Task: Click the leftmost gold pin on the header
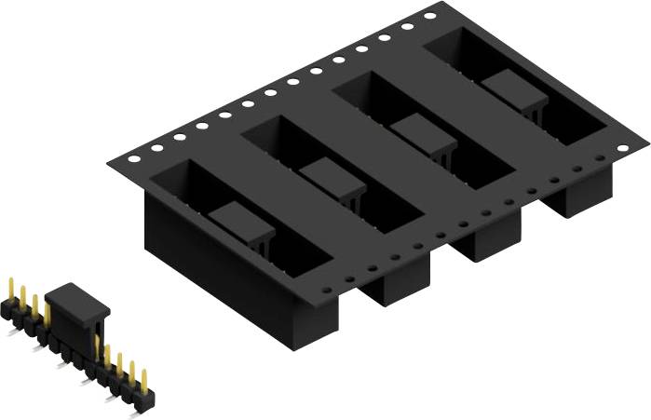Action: (9, 289)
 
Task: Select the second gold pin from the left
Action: (21, 297)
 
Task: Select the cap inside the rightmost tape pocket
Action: (513, 88)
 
